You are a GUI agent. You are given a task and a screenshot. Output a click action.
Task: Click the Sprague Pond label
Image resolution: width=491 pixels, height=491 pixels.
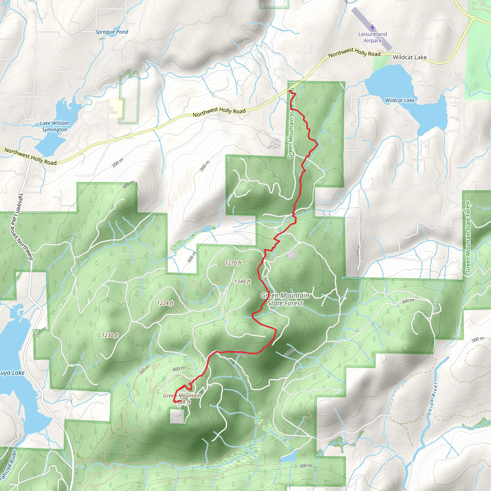111,32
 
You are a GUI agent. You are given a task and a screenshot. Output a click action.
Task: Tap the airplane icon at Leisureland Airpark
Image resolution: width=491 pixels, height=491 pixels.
373,27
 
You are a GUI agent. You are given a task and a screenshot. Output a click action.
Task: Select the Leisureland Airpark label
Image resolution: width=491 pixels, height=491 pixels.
373,37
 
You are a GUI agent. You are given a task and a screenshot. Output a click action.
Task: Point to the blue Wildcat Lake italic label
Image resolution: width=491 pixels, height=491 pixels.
400,100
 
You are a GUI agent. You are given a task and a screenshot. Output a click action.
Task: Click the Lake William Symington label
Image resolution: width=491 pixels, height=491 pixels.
54,126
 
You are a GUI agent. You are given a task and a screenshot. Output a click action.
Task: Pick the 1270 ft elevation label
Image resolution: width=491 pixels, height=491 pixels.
233,263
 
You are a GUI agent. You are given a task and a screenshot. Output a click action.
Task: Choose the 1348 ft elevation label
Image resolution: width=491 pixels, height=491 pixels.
242,281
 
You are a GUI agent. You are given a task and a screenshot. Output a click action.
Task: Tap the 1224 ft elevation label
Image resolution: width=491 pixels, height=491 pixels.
165,303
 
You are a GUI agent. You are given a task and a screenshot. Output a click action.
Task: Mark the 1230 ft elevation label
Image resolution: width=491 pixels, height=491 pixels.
110,335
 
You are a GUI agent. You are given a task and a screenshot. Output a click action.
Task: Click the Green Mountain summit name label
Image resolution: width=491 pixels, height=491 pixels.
182,395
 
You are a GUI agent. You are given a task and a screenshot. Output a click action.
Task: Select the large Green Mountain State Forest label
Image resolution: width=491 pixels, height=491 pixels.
285,299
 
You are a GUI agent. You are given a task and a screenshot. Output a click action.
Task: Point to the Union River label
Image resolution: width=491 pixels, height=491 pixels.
432,399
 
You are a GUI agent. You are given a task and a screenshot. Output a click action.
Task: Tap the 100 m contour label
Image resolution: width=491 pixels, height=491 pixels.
242,41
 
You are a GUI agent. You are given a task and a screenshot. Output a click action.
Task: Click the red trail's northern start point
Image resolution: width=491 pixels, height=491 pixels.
291,91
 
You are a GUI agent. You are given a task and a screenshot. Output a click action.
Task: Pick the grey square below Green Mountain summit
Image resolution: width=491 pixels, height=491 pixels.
177,416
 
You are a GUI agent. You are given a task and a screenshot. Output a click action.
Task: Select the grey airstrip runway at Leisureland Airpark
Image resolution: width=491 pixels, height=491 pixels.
372,29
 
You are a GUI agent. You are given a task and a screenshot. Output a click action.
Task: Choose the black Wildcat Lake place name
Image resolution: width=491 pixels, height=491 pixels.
410,58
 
